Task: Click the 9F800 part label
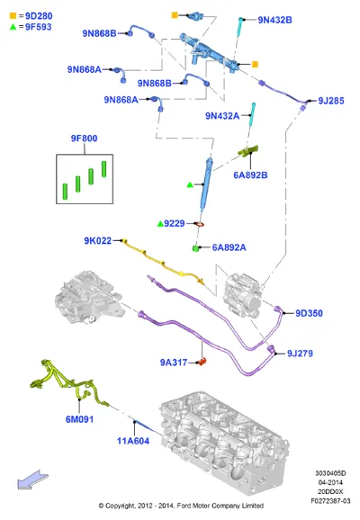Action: coord(85,139)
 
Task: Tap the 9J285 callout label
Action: coord(331,101)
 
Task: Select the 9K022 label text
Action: coord(98,241)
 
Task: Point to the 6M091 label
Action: coord(79,419)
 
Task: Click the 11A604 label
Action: coord(133,441)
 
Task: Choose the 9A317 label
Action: coord(174,363)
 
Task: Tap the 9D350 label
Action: coord(309,313)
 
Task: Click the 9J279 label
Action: coord(300,354)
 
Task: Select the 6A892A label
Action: coord(229,247)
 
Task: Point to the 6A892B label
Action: coord(250,175)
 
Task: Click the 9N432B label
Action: coord(275,20)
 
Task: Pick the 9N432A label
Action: coord(222,116)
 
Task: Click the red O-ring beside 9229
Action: coord(200,225)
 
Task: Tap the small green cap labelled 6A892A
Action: coord(196,248)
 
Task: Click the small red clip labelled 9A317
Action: coord(202,361)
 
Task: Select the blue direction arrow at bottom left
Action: coord(32,480)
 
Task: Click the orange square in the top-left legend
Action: coord(13,15)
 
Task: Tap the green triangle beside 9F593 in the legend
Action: coord(13,27)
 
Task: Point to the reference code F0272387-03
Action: coord(330,501)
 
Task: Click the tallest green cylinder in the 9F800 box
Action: coord(103,169)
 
